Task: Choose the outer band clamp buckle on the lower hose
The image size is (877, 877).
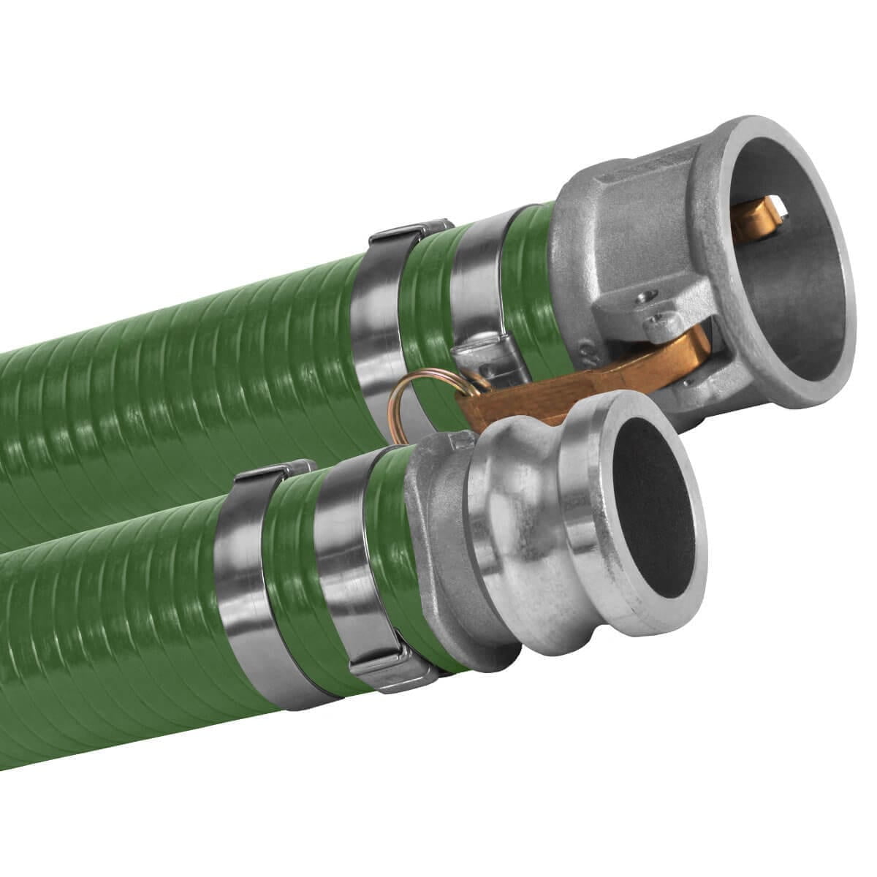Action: click(x=273, y=472)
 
